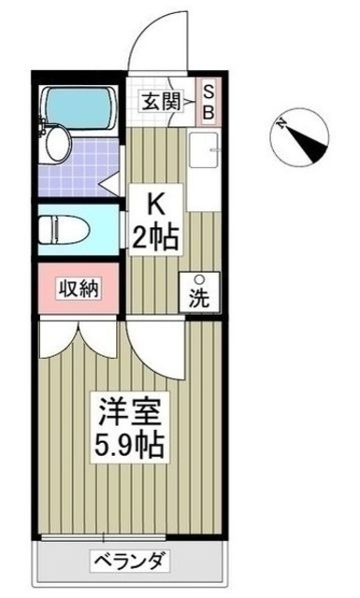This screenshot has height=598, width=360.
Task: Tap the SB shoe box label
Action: tap(209, 101)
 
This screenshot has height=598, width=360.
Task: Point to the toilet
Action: tap(70, 229)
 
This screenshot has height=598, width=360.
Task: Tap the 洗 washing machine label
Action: tap(200, 301)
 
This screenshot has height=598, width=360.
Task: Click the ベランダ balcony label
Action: tap(130, 562)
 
